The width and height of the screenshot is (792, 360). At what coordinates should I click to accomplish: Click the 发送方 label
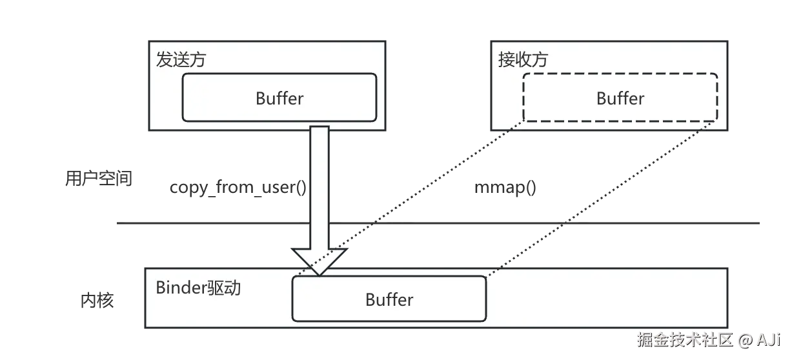pos(181,60)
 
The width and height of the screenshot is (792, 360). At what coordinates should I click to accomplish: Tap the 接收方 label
pos(522,60)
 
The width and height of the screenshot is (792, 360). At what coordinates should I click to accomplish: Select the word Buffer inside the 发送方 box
pos(279,99)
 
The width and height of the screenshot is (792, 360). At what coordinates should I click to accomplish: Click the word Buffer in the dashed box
pos(620,99)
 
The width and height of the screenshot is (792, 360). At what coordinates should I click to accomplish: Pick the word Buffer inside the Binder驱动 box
pos(389,300)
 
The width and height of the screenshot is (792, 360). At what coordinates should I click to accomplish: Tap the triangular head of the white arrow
pos(319,261)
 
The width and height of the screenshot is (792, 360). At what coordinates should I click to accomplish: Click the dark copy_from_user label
pos(235,188)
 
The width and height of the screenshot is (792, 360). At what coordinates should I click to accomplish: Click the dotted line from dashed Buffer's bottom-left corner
pos(420,194)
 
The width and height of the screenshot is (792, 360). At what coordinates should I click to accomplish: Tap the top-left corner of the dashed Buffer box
pos(525,75)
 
